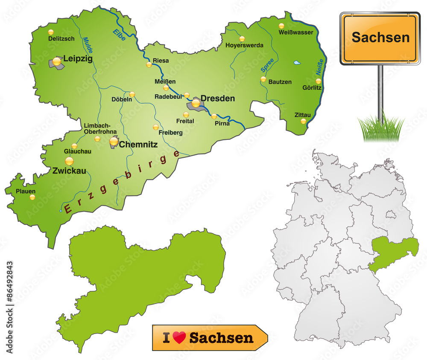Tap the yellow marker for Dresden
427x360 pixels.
[x=196, y=103]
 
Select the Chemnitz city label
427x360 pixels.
[x=138, y=145]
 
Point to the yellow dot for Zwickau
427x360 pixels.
[x=69, y=161]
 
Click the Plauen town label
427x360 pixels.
[x=26, y=191]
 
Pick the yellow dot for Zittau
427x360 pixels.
[x=303, y=121]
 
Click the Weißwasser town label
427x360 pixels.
[x=296, y=32]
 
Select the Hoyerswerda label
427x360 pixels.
[x=244, y=45]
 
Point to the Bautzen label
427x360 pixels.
[x=280, y=81]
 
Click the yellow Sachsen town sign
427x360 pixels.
[x=380, y=38]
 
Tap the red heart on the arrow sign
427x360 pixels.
[x=180, y=338]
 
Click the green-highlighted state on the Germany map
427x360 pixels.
[x=393, y=254]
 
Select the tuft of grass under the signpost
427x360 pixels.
[x=380, y=128]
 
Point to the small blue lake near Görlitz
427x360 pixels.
[x=297, y=63]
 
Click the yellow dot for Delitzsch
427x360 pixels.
[x=51, y=32]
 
